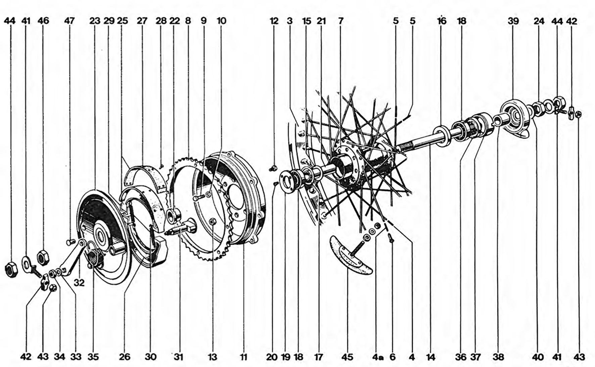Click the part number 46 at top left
click(43, 21)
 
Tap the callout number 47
click(70, 21)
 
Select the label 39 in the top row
click(513, 21)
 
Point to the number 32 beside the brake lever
click(79, 283)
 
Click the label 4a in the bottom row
click(377, 357)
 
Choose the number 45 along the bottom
click(347, 357)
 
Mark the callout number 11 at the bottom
click(243, 357)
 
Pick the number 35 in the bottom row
click(93, 357)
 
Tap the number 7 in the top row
click(341, 21)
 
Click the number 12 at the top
click(274, 21)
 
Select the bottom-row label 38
click(498, 357)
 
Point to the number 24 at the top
click(539, 21)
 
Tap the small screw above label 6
click(391, 238)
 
